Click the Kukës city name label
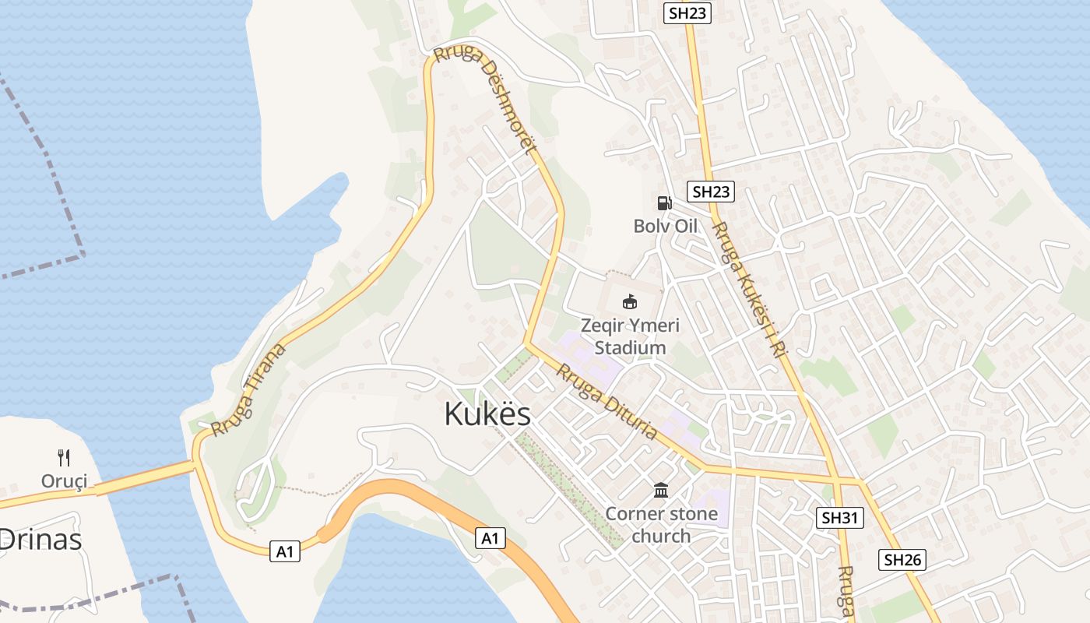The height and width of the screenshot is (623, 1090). (487, 414)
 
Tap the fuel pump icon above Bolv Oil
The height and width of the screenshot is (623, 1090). (664, 203)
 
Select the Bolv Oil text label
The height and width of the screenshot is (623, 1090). (665, 226)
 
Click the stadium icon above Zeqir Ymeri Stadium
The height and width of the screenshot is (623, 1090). (630, 301)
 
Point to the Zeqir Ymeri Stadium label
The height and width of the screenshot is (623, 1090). (630, 336)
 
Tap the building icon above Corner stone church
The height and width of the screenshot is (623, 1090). (661, 490)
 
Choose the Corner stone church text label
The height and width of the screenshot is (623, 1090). (661, 525)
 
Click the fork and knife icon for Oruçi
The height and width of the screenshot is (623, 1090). (65, 457)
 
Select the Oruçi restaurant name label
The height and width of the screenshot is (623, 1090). (65, 480)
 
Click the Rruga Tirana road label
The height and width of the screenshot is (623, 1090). (248, 389)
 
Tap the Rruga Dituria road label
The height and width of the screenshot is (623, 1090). (606, 401)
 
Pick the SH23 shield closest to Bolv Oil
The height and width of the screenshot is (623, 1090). (711, 192)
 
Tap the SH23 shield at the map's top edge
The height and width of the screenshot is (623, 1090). (688, 12)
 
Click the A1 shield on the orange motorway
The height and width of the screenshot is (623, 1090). (489, 538)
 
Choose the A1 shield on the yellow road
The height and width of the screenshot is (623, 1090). (285, 551)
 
